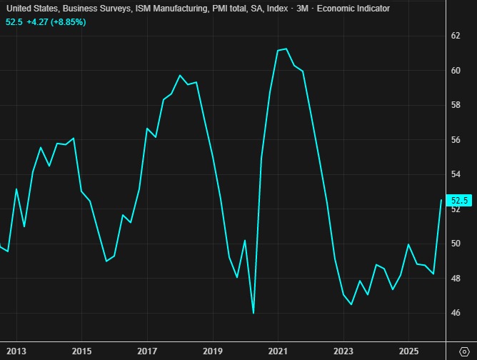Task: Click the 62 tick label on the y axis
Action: (x=455, y=36)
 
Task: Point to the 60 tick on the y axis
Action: (x=455, y=71)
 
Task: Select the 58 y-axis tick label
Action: (x=455, y=105)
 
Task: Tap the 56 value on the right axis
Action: (x=455, y=140)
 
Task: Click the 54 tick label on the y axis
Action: (x=455, y=174)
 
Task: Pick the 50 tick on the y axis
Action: (x=455, y=244)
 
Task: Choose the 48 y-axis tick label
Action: (x=455, y=278)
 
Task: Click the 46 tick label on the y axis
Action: (x=455, y=313)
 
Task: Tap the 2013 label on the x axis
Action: (x=16, y=351)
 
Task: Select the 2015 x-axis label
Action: (x=81, y=351)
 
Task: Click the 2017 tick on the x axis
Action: (x=147, y=351)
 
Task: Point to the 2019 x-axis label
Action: (x=213, y=351)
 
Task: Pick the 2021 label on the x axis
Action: (x=278, y=351)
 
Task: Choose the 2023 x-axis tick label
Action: (x=343, y=351)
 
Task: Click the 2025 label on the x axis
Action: (x=408, y=351)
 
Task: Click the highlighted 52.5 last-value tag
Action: (x=456, y=201)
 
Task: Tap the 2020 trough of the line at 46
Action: (x=253, y=313)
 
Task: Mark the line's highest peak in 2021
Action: (x=286, y=49)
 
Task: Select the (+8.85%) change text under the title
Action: (x=65, y=22)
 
